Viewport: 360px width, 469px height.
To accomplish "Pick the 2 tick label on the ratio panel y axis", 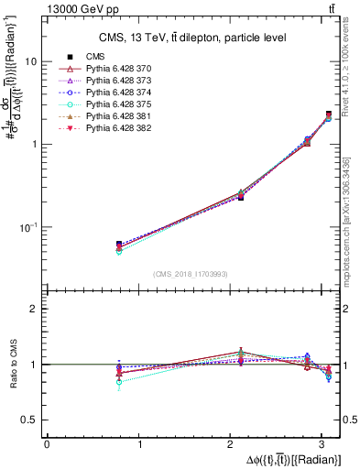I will pos(36,309).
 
